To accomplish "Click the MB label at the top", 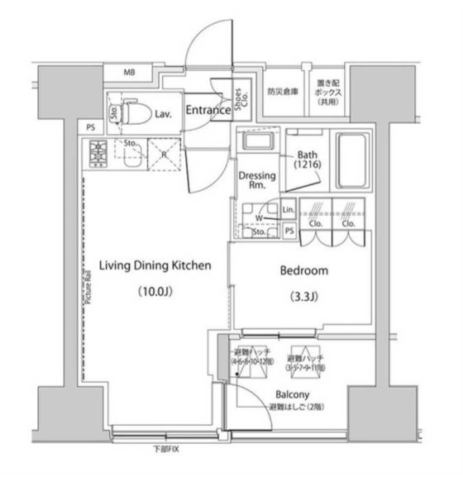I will point(129,73).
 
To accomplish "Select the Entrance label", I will point(206,110).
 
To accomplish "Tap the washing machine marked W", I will point(259,218).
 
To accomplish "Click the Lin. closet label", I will point(288,210).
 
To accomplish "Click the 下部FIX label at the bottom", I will point(166,450).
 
